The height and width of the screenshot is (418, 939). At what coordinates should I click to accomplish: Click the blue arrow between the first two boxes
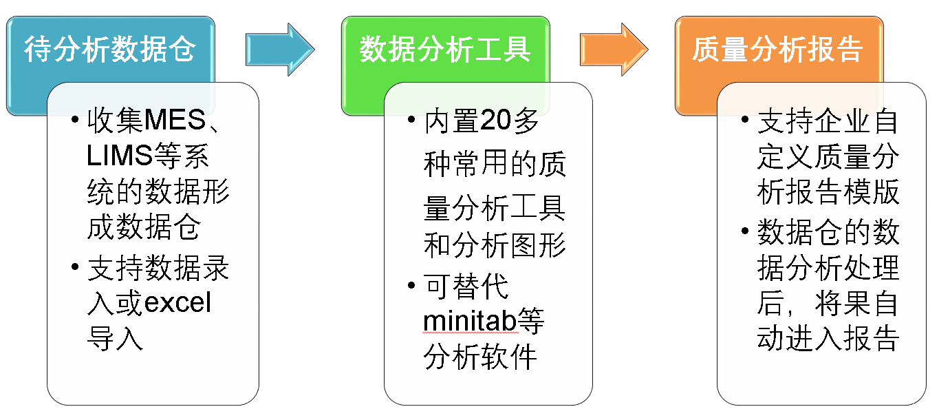point(280,50)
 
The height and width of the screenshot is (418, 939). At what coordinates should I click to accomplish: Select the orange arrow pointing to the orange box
point(614,50)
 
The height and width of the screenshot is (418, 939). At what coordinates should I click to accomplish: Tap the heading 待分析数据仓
point(110,49)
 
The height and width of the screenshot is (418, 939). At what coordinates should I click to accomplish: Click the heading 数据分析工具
point(445,49)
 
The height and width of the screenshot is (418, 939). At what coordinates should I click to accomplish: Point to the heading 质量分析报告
point(777,49)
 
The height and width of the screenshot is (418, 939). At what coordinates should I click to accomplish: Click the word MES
point(175,120)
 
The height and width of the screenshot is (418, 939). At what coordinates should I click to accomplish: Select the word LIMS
point(120,155)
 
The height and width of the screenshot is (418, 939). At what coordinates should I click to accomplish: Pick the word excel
point(177,302)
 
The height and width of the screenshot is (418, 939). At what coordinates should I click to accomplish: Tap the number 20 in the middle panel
point(496,120)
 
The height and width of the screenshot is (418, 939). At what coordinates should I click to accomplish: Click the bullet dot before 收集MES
point(75,120)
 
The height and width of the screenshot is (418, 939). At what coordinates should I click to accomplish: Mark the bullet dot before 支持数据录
point(75,267)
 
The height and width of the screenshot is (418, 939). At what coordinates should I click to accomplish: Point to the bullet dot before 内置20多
point(411,120)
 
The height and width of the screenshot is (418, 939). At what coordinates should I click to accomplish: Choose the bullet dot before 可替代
point(411,285)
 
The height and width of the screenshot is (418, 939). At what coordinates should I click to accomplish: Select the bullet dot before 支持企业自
point(745,120)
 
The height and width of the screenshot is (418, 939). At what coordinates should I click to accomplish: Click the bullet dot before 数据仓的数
point(745,231)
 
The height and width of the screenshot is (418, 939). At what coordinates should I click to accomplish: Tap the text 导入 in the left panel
point(116,338)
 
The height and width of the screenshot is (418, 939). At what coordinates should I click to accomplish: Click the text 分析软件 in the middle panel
point(480,357)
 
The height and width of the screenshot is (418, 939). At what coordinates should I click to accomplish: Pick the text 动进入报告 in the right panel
point(828,338)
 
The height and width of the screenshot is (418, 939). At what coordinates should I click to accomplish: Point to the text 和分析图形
point(495,245)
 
